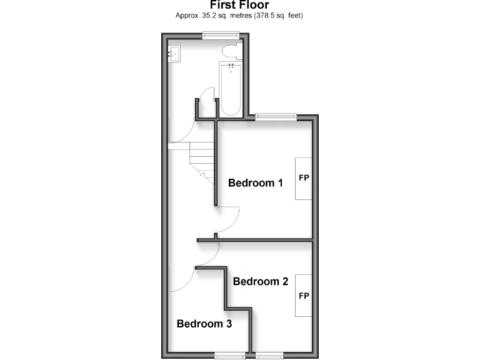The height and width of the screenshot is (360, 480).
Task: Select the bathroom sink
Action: pyautogui.click(x=174, y=54)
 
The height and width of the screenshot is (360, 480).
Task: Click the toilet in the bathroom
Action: pyautogui.click(x=231, y=50)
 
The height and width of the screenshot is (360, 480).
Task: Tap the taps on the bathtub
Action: pyautogui.click(x=231, y=66)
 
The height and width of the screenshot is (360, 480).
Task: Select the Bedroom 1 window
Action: pyautogui.click(x=276, y=116)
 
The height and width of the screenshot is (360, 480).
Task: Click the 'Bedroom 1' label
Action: pyautogui.click(x=256, y=183)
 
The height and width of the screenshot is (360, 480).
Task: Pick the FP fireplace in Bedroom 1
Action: pyautogui.click(x=304, y=178)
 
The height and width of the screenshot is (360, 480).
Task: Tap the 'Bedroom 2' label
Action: pyautogui.click(x=260, y=281)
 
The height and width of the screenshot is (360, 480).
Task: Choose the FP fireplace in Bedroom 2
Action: pyautogui.click(x=304, y=295)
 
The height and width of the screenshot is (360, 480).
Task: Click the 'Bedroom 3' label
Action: pyautogui.click(x=204, y=324)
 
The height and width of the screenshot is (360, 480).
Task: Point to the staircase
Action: pyautogui.click(x=201, y=160)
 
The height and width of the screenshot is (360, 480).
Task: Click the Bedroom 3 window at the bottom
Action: pyautogui.click(x=229, y=356)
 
